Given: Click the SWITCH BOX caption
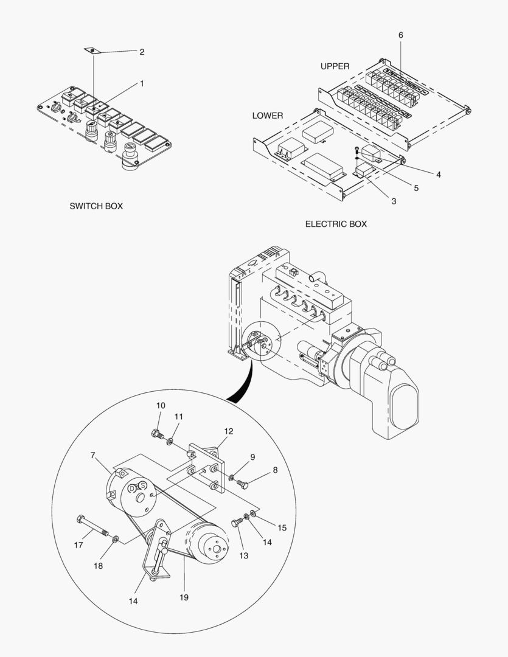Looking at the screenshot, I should coord(96,206).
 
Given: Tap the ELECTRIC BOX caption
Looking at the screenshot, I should coord(336,224).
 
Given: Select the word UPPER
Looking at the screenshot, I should coord(335,66).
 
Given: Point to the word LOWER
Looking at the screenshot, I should coord(268,116).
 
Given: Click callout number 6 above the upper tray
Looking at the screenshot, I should coord(400,35).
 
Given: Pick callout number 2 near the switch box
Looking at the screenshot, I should coord(142,52).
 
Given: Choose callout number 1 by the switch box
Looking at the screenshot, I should coord(142,83).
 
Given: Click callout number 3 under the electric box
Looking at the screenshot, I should coord(394,201).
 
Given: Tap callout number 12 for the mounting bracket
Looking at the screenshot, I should coord(228,431).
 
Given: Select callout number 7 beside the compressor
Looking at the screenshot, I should coord(92,455).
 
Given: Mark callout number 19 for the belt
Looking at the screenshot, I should coord(184,597).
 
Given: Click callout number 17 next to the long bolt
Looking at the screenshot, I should coord(78,545).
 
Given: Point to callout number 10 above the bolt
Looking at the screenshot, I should coord(161,406).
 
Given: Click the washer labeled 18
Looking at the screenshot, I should coord(116,539).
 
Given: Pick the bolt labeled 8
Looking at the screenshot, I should coord(244,484).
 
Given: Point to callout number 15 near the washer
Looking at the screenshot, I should coord(282,527).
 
